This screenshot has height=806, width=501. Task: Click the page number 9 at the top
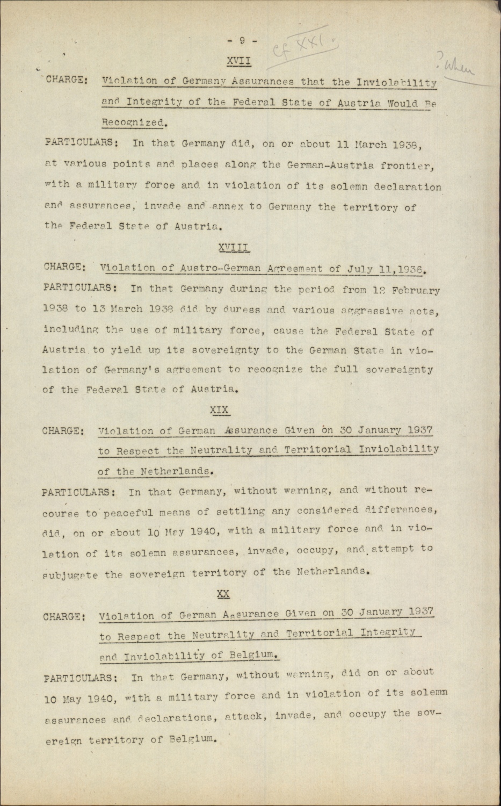242,40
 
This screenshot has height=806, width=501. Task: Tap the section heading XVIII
234,247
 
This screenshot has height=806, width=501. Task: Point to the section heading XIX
219,410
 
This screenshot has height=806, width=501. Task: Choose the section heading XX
223,594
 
